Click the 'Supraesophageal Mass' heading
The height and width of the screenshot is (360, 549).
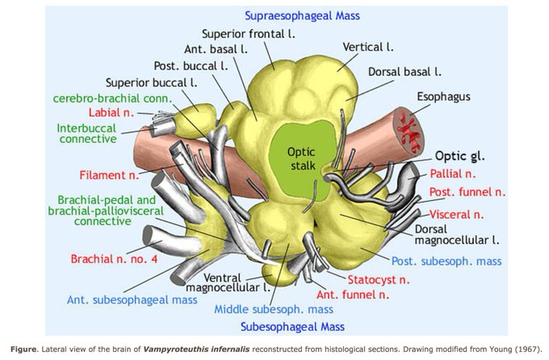pyautogui.click(x=302, y=16)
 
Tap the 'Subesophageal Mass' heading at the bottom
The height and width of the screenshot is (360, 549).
pyautogui.click(x=292, y=327)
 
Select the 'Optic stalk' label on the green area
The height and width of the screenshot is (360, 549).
pyautogui.click(x=301, y=159)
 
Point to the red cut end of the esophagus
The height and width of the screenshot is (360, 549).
pyautogui.click(x=409, y=131)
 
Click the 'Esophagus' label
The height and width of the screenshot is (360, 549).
pyautogui.click(x=443, y=97)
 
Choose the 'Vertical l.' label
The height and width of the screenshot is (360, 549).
pyautogui.click(x=368, y=47)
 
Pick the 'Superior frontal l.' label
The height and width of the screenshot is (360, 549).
pyautogui.click(x=248, y=34)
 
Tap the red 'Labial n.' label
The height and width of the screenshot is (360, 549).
pyautogui.click(x=111, y=112)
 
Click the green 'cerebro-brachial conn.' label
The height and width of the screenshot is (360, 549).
pyautogui.click(x=113, y=98)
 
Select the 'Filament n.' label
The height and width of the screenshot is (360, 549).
pyautogui.click(x=109, y=174)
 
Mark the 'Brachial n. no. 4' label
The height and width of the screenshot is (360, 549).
pyautogui.click(x=114, y=259)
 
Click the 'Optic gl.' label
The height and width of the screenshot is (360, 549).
pyautogui.click(x=459, y=156)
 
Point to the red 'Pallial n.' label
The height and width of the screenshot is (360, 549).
pyautogui.click(x=453, y=174)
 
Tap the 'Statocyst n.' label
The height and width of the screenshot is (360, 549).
pyautogui.click(x=378, y=280)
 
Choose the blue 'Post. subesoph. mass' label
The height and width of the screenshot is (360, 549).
pyautogui.click(x=446, y=262)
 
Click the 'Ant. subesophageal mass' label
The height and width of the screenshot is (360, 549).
pyautogui.click(x=132, y=300)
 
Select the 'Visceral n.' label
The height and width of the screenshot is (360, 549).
pyautogui.click(x=457, y=215)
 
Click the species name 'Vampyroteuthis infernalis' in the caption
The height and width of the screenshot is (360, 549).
pyautogui.click(x=196, y=350)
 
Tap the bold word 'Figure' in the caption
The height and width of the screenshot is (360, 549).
pyautogui.click(x=23, y=350)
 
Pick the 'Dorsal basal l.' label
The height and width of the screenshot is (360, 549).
pyautogui.click(x=404, y=72)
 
